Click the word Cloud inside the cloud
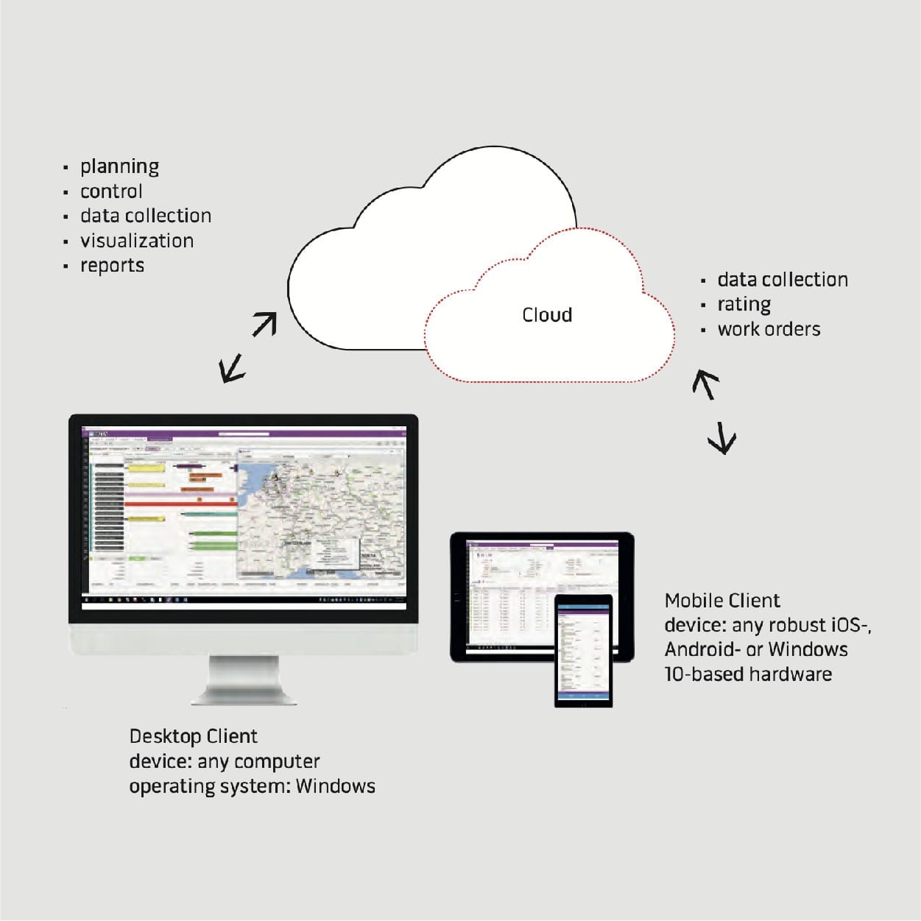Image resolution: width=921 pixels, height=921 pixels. tap(546, 315)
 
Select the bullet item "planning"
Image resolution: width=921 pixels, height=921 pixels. tap(119, 167)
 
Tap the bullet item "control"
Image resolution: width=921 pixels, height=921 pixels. tap(111, 191)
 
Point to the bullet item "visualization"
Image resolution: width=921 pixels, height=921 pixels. tap(137, 241)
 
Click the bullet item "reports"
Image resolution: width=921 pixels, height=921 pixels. tap(112, 266)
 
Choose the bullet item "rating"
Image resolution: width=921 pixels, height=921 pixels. tap(744, 305)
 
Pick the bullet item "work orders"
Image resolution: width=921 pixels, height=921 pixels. tap(769, 329)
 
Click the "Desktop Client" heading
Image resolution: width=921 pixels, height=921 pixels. tap(193, 736)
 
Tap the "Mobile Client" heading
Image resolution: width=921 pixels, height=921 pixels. tap(722, 601)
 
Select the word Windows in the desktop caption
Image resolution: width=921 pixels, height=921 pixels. tap(335, 786)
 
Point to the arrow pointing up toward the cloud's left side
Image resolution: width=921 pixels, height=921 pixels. tap(264, 324)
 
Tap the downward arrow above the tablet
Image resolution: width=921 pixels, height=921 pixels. tap(722, 438)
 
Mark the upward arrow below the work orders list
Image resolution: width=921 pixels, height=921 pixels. tap(705, 384)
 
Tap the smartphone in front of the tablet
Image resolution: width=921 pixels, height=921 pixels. tap(583, 650)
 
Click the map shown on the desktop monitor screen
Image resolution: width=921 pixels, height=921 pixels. tap(320, 515)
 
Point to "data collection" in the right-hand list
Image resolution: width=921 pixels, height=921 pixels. tap(782, 280)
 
